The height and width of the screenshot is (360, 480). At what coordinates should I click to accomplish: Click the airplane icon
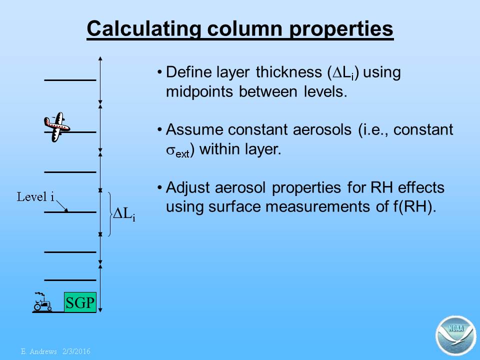pos(57,126)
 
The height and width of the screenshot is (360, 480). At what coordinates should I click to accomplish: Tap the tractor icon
pos(42,302)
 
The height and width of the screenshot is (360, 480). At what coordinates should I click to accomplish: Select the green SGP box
pos(80,302)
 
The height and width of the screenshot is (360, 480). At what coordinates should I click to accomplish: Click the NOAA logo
pos(456,335)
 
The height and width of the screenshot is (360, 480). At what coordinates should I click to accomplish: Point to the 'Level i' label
pos(35,197)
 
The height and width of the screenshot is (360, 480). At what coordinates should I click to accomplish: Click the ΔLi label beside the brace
pos(124,213)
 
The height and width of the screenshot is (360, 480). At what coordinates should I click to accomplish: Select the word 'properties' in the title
pos(341,29)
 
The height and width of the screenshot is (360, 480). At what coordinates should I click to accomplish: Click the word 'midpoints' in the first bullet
pos(199,91)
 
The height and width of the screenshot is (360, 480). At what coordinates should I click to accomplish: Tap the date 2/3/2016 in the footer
pos(76,351)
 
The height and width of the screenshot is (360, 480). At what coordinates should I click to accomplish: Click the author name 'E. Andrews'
pos(39,351)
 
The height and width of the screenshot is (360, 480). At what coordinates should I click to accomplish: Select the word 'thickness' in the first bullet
pos(288,72)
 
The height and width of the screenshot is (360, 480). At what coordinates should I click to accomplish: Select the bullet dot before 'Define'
pos(159,72)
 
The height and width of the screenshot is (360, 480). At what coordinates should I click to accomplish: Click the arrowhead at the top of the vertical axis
pos(100,58)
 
